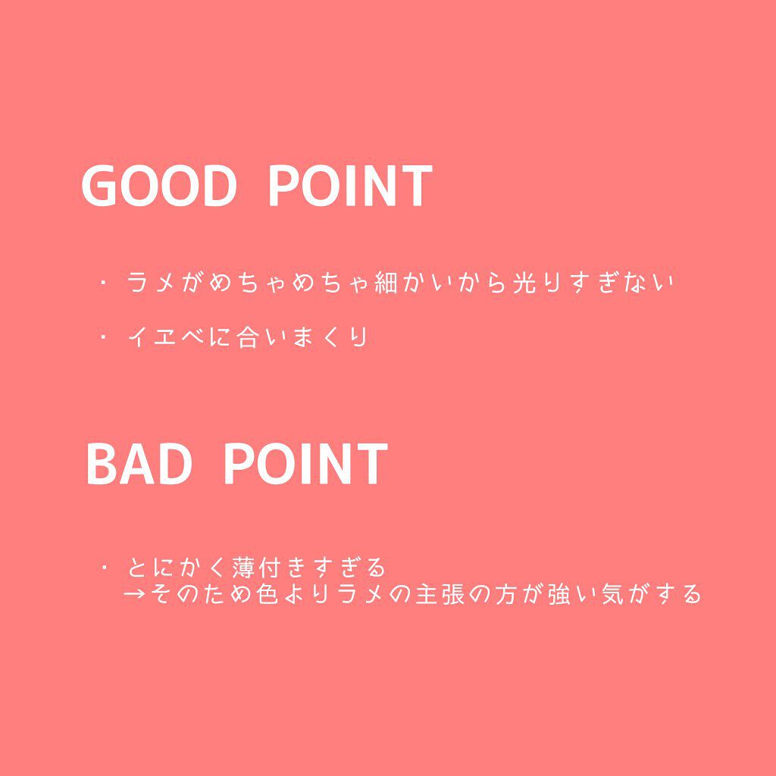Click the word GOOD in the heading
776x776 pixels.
pyautogui.click(x=159, y=186)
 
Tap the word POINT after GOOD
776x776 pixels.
pyautogui.click(x=350, y=186)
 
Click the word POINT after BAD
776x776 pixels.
pyautogui.click(x=305, y=464)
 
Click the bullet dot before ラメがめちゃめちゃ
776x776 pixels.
pyautogui.click(x=103, y=284)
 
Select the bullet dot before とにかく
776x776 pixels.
pyautogui.click(x=103, y=567)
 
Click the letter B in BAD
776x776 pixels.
pyautogui.click(x=102, y=464)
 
